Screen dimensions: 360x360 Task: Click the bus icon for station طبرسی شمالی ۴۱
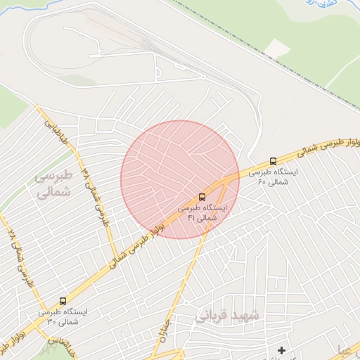(202, 196)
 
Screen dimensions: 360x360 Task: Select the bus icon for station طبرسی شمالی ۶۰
(273, 161)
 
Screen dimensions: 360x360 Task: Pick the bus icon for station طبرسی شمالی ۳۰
(63, 300)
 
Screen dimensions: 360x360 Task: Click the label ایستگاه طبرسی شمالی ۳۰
(63, 316)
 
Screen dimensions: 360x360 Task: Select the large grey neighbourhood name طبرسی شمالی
(53, 184)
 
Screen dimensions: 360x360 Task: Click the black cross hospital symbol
(281, 350)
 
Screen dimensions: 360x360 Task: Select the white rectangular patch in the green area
(278, 49)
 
